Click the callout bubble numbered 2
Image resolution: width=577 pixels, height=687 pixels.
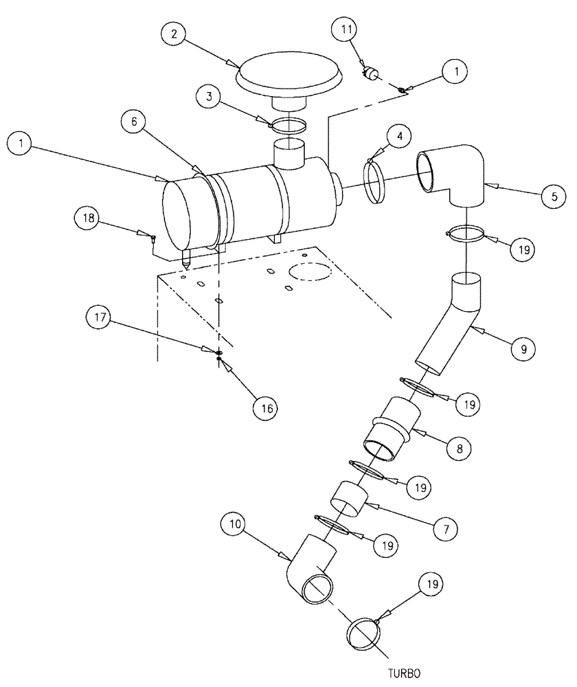[x=174, y=35]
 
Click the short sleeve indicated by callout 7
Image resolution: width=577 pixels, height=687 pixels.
[x=348, y=498]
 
